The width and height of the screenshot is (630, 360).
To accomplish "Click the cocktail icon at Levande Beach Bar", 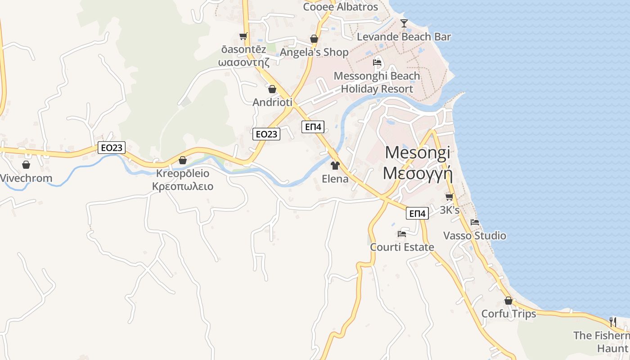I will (404, 23).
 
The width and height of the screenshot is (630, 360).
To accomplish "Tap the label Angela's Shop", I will (314, 52).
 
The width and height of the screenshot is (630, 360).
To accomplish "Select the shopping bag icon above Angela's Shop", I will (314, 39).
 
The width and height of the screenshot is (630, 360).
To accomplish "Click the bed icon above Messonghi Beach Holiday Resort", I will (377, 62).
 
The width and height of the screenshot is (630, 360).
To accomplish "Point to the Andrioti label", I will (272, 102).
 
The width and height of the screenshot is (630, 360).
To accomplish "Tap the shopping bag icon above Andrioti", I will (272, 89).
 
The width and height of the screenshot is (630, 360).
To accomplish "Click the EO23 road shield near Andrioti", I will (266, 134).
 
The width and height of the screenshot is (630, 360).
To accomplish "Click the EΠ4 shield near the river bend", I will (313, 127).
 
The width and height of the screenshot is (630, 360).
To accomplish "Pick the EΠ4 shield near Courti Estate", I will (417, 214).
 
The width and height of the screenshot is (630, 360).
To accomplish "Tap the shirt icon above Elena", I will (335, 166).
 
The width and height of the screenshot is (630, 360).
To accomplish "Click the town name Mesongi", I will (417, 153).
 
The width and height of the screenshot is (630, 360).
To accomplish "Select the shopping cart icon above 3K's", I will (449, 197).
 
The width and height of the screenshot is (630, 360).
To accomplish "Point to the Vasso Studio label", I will (474, 236).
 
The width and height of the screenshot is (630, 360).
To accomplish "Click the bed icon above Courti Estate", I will (402, 234).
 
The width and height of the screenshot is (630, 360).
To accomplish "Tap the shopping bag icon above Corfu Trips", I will (508, 301).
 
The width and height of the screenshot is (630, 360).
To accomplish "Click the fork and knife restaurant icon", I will (612, 322).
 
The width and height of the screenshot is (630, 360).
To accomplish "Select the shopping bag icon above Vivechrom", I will (26, 165).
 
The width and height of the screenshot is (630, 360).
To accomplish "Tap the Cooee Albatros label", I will (341, 7).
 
